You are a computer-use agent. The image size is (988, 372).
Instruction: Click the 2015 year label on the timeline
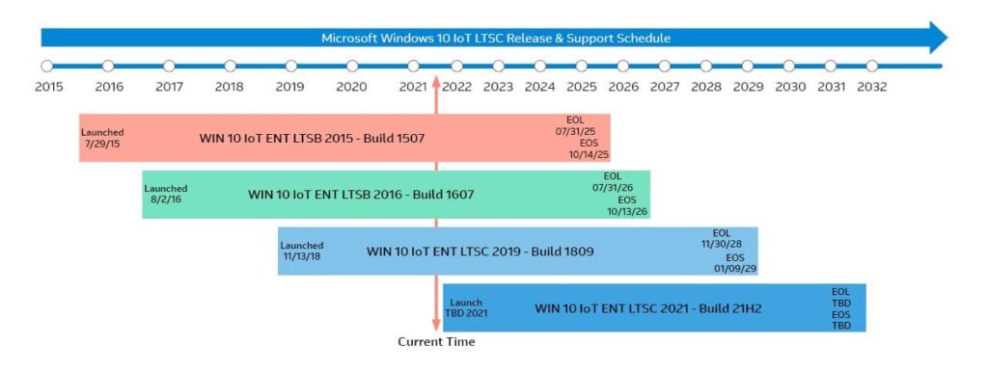(x=48, y=87)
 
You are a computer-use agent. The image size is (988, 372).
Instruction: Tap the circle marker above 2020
(x=352, y=66)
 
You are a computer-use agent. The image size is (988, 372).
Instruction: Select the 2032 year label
(x=872, y=87)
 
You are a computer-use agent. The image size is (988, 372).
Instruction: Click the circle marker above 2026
(x=622, y=66)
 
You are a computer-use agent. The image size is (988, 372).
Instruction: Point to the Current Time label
(x=436, y=342)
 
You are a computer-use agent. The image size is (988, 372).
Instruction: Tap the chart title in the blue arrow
(x=496, y=39)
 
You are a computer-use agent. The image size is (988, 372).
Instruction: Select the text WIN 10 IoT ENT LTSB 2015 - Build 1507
(x=312, y=138)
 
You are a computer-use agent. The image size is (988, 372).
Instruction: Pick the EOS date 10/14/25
(x=589, y=154)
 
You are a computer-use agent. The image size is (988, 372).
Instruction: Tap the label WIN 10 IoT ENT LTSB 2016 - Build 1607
(x=361, y=195)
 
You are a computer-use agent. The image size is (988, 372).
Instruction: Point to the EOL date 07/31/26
(x=612, y=188)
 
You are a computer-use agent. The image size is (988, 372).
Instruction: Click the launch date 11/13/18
(x=301, y=256)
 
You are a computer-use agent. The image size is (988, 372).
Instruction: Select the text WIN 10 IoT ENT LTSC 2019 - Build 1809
(x=480, y=252)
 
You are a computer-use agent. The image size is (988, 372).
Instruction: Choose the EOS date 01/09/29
(x=734, y=269)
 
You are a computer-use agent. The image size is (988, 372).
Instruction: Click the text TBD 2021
(x=466, y=313)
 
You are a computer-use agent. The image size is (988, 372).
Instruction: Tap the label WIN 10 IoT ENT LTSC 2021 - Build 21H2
(x=649, y=308)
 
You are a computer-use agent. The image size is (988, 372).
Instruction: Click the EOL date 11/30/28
(x=722, y=244)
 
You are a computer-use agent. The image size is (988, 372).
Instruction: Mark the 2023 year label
(x=498, y=87)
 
